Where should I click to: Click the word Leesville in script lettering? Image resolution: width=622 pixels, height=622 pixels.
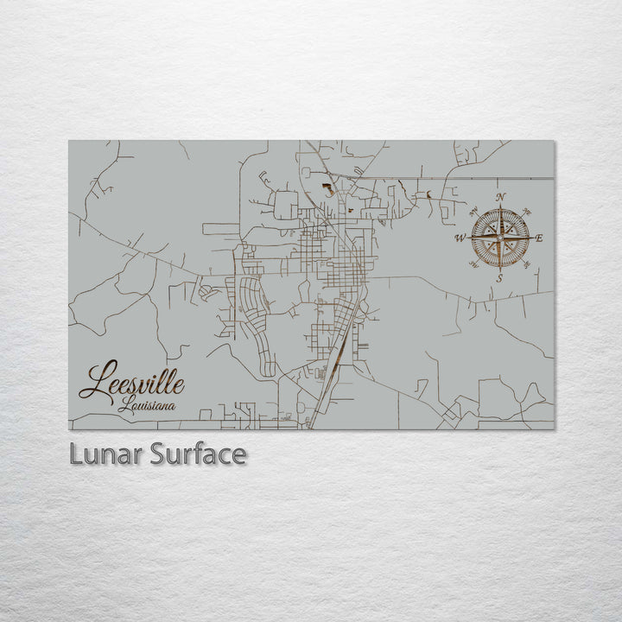click(x=131, y=383)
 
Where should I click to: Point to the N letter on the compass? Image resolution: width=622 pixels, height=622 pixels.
click(x=501, y=197)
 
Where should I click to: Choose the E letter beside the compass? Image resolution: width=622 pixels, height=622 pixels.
click(x=540, y=238)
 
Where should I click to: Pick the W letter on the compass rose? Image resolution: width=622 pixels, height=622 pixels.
click(x=460, y=238)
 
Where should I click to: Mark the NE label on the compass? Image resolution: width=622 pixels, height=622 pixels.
click(x=528, y=212)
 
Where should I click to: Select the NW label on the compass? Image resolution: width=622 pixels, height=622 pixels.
click(x=473, y=211)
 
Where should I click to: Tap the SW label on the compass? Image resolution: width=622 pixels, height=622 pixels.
click(x=473, y=264)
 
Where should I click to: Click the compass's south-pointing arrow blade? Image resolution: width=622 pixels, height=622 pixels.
click(x=500, y=257)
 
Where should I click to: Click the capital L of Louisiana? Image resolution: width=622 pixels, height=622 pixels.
click(x=124, y=404)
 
